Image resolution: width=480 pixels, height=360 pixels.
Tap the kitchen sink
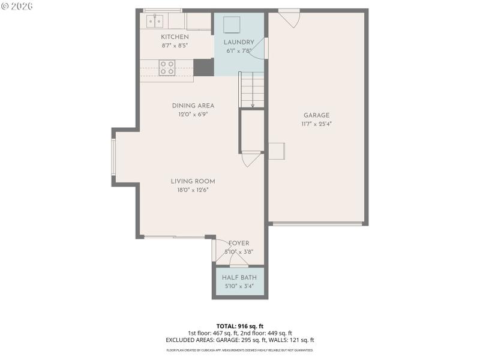tap(154, 22)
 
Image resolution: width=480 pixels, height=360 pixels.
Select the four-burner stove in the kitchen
tap(167, 68)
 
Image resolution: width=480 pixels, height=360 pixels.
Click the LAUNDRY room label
tap(239, 42)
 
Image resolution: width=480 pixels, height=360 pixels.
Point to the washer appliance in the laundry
tap(231, 25)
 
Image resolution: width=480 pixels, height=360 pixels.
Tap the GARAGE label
tap(316, 115)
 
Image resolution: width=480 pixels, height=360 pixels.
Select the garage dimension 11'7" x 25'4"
tap(316, 124)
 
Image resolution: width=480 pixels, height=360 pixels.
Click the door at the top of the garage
tap(289, 17)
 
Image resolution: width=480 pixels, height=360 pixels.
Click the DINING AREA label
tap(193, 106)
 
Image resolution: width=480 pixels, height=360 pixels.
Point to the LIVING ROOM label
tap(193, 181)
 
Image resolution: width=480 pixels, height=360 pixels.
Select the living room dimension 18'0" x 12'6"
tap(193, 190)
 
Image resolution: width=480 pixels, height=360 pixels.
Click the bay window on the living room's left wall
tap(113, 157)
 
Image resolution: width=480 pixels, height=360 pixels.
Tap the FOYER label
tap(239, 243)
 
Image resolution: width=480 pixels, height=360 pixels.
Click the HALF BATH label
tap(239, 277)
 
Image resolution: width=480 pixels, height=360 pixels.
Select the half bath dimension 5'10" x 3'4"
tap(239, 286)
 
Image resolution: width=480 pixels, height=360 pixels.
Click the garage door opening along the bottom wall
tap(317, 224)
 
